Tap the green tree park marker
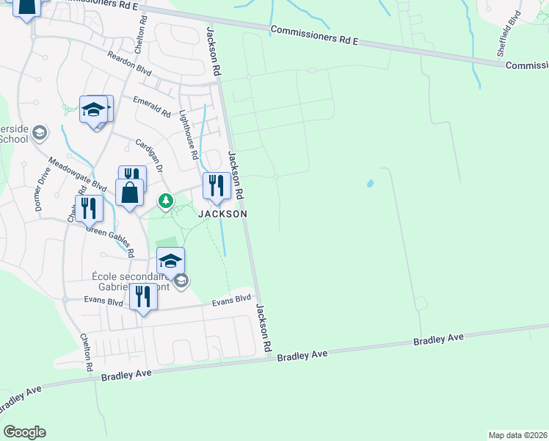(167, 200)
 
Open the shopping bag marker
(129, 193)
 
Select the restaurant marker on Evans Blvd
(142, 297)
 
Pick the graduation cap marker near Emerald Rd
(94, 110)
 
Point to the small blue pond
(369, 183)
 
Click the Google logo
(24, 432)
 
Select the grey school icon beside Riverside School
(39, 133)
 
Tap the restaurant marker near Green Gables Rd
(89, 208)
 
